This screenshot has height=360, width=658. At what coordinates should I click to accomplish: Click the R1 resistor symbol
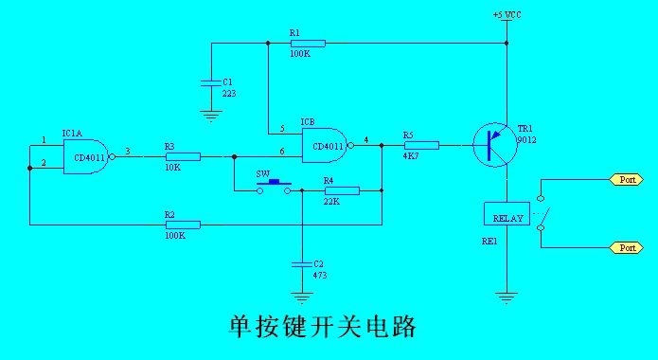309,44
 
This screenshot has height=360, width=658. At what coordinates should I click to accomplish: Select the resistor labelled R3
184,156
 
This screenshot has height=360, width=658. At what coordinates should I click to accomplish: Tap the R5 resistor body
421,145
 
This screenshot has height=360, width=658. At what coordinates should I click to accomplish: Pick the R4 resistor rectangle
342,190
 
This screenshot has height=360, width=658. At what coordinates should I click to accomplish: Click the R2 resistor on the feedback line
184,225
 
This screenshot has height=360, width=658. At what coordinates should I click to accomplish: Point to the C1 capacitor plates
211,82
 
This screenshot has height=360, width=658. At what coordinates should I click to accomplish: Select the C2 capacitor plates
302,264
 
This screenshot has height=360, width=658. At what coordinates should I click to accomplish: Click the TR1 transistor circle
493,145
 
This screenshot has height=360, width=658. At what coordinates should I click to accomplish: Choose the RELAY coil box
507,214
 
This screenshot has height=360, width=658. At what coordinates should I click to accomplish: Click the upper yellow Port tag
626,180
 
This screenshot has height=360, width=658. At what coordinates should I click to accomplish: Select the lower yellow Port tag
626,248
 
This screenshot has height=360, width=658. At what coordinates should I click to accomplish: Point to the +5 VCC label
507,15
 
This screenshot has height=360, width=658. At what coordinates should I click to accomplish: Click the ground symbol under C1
211,116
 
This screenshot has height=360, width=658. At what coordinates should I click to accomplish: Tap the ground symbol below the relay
507,297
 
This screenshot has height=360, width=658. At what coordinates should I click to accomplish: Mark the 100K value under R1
300,54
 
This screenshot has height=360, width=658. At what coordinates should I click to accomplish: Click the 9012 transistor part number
526,140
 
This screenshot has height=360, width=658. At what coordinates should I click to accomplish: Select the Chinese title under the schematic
322,327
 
